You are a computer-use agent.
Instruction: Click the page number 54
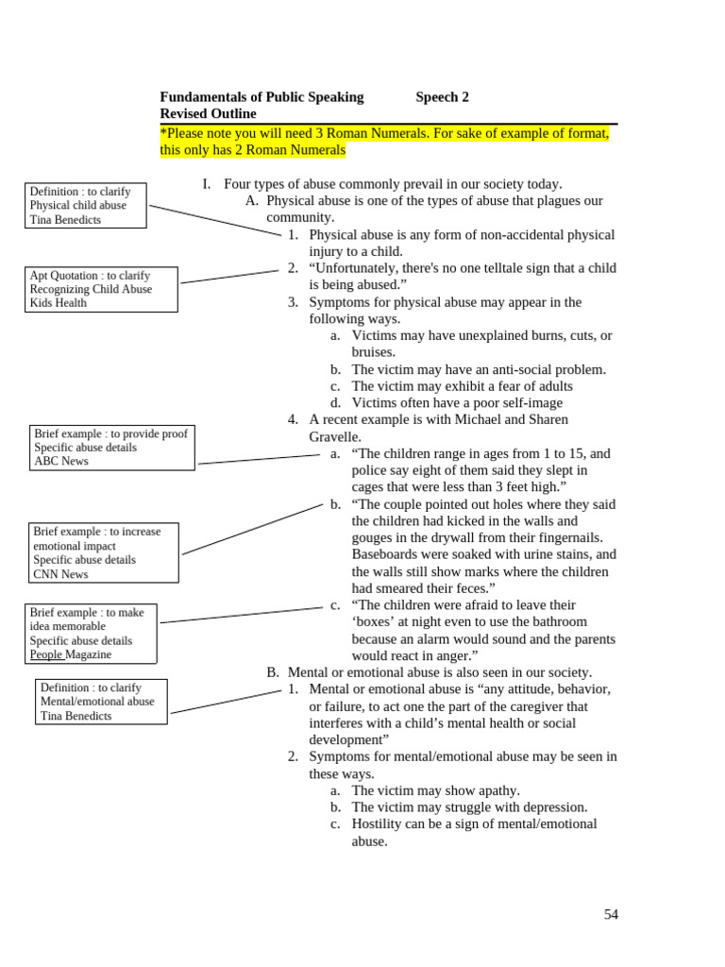[x=611, y=914]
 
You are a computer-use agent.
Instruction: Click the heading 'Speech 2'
[x=442, y=96]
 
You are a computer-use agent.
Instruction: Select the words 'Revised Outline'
[x=208, y=113]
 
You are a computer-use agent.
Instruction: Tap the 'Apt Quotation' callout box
[x=101, y=289]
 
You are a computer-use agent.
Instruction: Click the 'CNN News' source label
[x=60, y=574]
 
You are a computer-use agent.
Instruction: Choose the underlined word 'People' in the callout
[x=46, y=654]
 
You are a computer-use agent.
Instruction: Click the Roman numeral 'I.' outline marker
[x=207, y=184]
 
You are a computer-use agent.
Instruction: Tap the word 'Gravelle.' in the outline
[x=335, y=436]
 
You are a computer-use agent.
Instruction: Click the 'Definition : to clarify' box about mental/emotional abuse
[x=101, y=702]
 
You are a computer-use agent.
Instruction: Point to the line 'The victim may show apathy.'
[x=435, y=790]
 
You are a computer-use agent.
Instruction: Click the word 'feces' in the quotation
[x=473, y=588]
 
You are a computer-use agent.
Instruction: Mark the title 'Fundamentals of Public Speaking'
[x=261, y=96]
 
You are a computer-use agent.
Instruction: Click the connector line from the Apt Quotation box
[x=229, y=277]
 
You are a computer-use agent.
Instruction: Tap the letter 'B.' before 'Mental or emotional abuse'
[x=273, y=672]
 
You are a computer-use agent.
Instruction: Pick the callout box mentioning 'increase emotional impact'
[x=104, y=552]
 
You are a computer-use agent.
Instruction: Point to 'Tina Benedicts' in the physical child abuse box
[x=65, y=220]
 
